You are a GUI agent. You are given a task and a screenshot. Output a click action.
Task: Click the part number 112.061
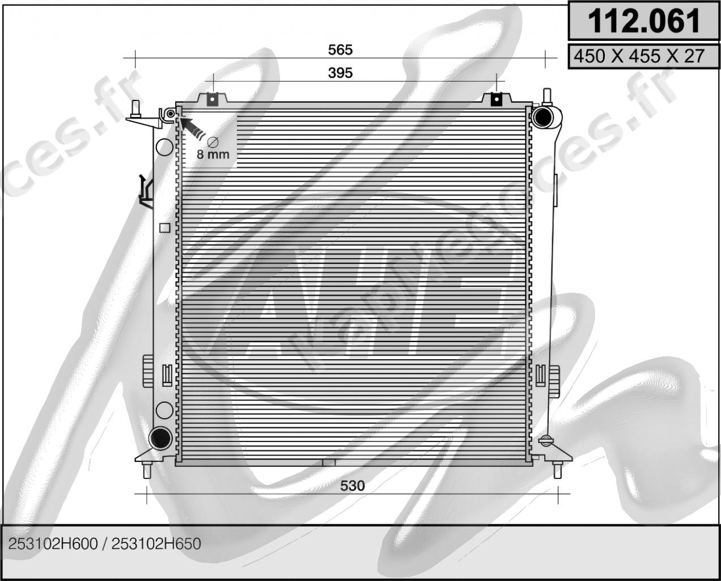coord(644,21)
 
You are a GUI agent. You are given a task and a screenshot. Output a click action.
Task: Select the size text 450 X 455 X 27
coord(639,56)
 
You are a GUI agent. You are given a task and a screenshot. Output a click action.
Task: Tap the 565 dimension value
coord(340,50)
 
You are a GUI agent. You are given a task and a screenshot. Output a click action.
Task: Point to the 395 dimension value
coord(340,73)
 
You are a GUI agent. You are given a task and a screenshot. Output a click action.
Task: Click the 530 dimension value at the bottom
coord(353,486)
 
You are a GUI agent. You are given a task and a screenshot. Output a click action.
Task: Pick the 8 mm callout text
coord(213,154)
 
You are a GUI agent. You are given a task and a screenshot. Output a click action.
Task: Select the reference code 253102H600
coord(53,544)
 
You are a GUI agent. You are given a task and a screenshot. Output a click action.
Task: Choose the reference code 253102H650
coord(156,544)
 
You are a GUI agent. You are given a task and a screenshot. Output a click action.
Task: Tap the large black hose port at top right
coord(542,116)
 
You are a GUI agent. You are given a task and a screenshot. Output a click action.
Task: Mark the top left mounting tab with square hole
coord(211,99)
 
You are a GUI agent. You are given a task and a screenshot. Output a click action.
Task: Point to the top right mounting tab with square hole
coord(497,99)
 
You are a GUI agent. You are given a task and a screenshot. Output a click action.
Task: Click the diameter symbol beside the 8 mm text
coord(213,142)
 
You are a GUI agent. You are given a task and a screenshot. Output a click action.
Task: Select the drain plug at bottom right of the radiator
coord(545,440)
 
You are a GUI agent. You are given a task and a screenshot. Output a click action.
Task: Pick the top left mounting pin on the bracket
coord(136,108)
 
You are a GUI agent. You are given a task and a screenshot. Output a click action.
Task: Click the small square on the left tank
coord(165,228)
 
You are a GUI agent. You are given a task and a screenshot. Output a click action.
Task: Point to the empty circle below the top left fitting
coord(164,147)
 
